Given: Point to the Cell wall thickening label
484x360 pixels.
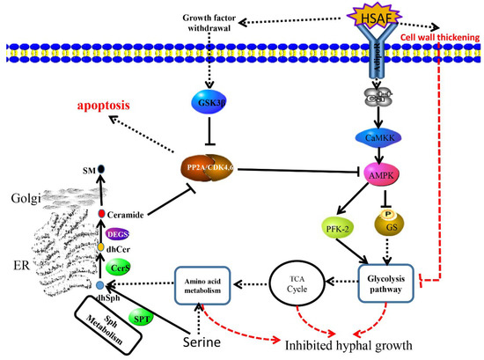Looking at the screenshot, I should tap(436, 52).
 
